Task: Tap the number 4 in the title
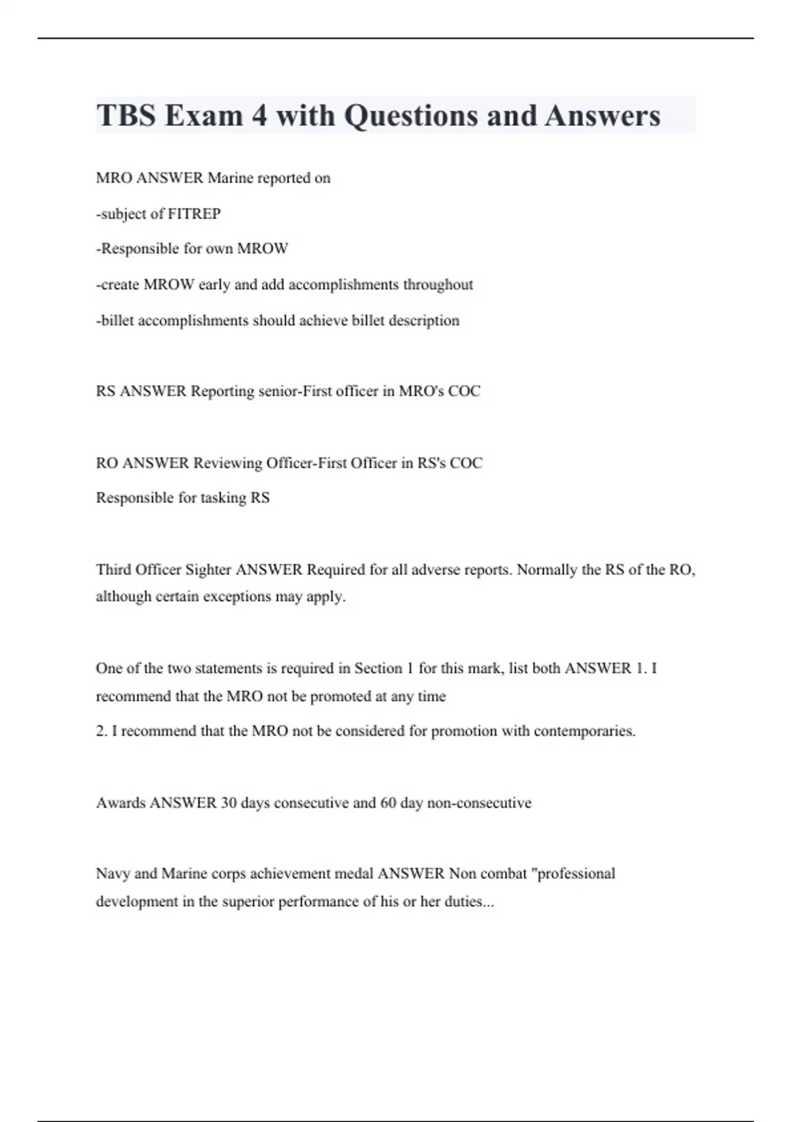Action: pos(259,115)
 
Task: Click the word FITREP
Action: pos(194,214)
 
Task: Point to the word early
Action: pos(214,284)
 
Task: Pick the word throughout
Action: pos(438,284)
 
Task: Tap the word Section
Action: pos(378,669)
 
